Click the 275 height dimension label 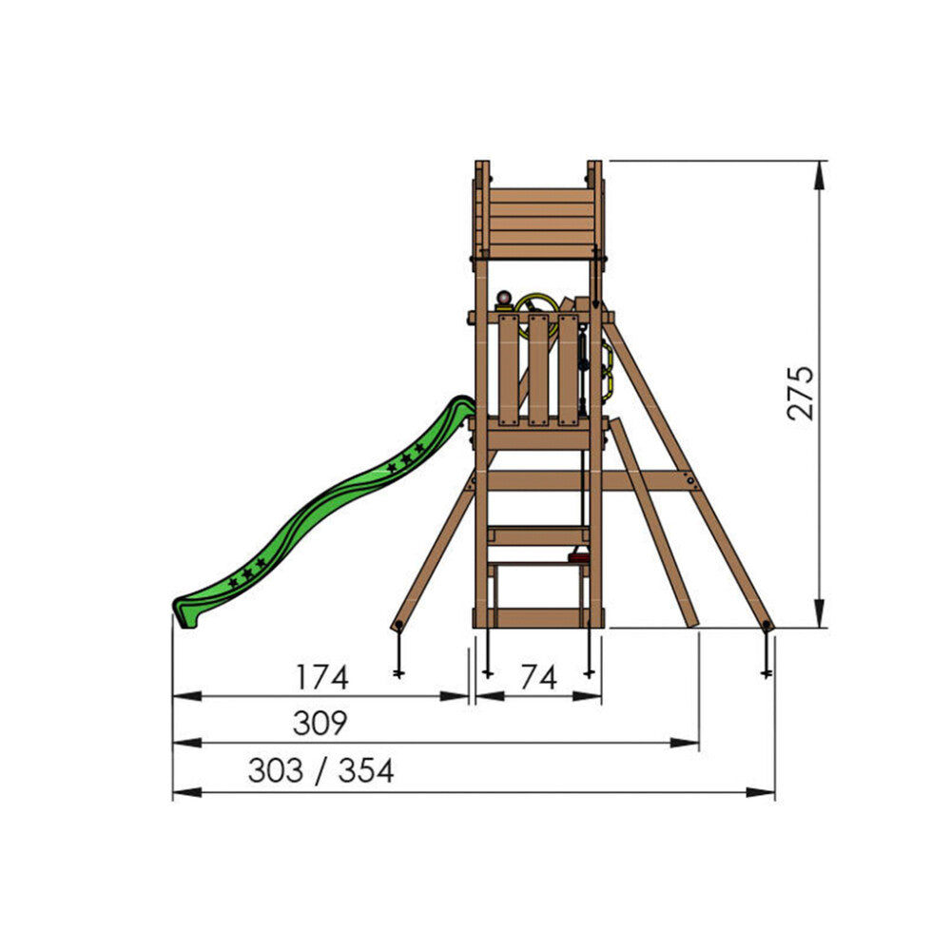tap(800, 393)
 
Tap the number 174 tap(322, 677)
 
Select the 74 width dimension tap(538, 677)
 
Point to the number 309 tap(320, 723)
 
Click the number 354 tap(366, 771)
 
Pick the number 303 tap(276, 771)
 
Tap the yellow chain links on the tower tap(607, 367)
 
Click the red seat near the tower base tap(578, 556)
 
